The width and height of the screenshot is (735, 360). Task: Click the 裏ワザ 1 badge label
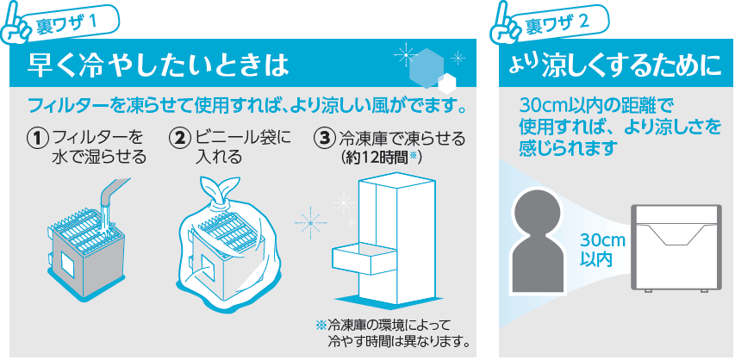(68, 22)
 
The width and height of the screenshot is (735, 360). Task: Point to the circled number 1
(38, 140)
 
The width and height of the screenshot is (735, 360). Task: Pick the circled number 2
(179, 140)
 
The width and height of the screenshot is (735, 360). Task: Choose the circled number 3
(323, 140)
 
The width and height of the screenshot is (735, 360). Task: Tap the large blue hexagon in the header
(425, 68)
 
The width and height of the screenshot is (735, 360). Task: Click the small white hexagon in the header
(447, 83)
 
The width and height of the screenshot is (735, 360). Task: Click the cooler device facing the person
(676, 248)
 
